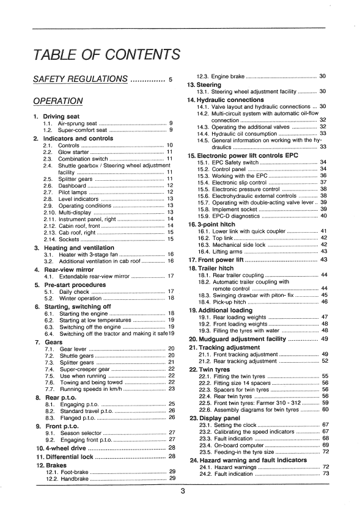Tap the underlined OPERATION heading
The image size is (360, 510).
pos(58,100)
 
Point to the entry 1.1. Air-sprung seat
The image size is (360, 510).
pos(67,123)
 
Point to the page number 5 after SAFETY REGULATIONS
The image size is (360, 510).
pos(171,80)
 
